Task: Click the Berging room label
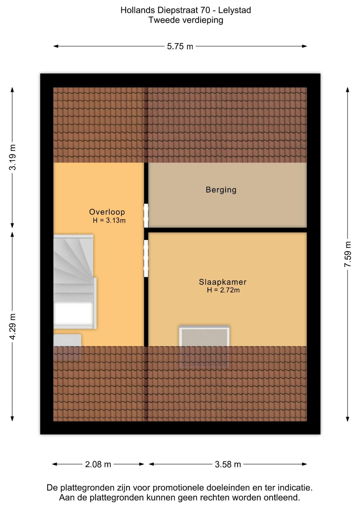click(x=221, y=190)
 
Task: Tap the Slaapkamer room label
click(x=223, y=282)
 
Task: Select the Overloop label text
click(x=107, y=212)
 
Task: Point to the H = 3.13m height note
click(x=109, y=220)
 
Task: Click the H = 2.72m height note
click(x=223, y=290)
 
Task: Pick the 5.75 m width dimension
click(x=180, y=46)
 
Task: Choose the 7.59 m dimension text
click(x=348, y=254)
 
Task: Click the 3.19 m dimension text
click(x=12, y=157)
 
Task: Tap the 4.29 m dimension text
click(x=12, y=326)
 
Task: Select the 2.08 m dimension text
click(x=98, y=464)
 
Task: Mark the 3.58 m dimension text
click(x=228, y=464)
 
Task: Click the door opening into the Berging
click(x=146, y=216)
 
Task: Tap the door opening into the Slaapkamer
click(x=146, y=258)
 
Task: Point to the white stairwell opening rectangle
click(x=73, y=314)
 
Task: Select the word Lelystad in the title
click(x=234, y=10)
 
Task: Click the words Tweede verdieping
click(x=186, y=20)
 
